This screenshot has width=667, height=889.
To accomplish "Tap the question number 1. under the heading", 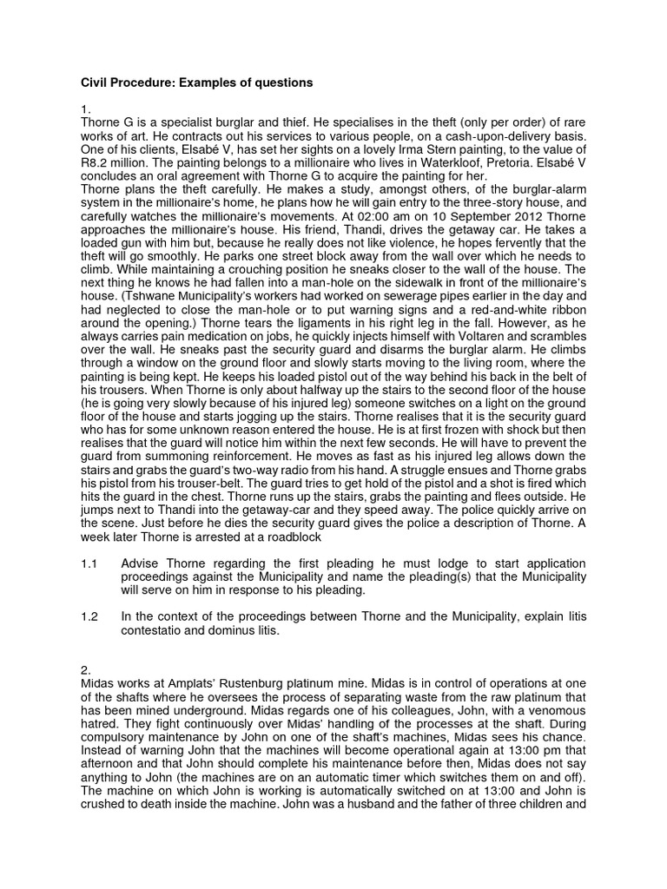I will (x=84, y=110).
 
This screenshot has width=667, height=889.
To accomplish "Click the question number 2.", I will (x=84, y=672).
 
